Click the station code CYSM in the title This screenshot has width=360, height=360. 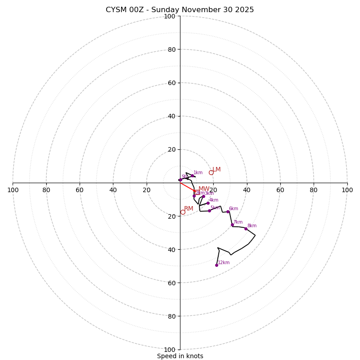pyautogui.click(x=115, y=10)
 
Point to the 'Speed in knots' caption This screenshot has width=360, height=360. pyautogui.click(x=180, y=356)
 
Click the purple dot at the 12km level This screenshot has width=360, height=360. pyautogui.click(x=216, y=265)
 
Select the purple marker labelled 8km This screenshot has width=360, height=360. pyautogui.click(x=246, y=229)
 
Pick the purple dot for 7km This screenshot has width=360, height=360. pyautogui.click(x=232, y=225)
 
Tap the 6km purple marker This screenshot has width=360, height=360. pyautogui.click(x=228, y=211)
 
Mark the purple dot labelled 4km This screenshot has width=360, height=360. pyautogui.click(x=208, y=203)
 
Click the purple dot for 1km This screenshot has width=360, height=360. pyautogui.click(x=192, y=175)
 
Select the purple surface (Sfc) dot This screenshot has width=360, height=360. pyautogui.click(x=180, y=180)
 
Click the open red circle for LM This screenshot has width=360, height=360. pyautogui.click(x=211, y=172)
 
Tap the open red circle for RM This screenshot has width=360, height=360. pyautogui.click(x=183, y=212)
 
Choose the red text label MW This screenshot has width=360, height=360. pyautogui.click(x=204, y=189)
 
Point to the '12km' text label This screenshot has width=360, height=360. pyautogui.click(x=224, y=263)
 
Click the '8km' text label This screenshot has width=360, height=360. pyautogui.click(x=252, y=226)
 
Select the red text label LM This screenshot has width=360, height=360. pyautogui.click(x=216, y=170)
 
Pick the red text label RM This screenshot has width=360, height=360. pyautogui.click(x=189, y=209)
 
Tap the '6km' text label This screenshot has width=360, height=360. pyautogui.click(x=234, y=209)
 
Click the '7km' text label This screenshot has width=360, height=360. pyautogui.click(x=238, y=222)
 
